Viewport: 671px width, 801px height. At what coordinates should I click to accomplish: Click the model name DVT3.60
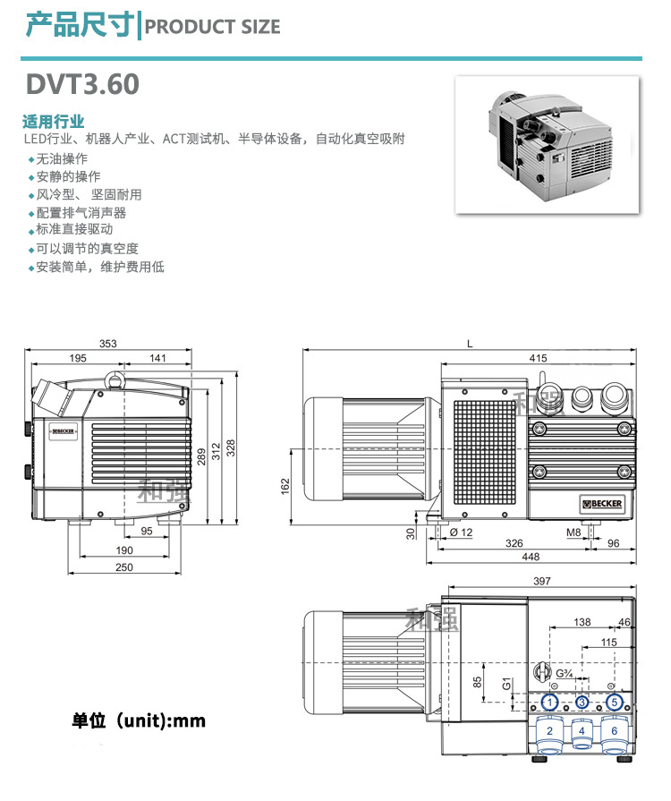[x=81, y=84]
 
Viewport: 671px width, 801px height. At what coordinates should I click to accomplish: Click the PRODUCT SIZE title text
[x=212, y=27]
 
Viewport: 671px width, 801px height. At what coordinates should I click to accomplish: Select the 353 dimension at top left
[x=108, y=345]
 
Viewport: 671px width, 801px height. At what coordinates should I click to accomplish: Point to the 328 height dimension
[x=232, y=447]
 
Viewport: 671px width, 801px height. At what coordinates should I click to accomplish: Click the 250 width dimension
[x=123, y=567]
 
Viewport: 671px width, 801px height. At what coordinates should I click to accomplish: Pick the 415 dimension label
[x=538, y=358]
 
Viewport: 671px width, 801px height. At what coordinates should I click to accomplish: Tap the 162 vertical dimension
[x=285, y=486]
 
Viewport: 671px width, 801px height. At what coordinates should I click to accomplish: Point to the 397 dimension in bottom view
[x=541, y=582]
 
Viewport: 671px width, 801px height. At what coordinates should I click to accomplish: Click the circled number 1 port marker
[x=550, y=702]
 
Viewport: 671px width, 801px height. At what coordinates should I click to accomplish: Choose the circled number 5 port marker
[x=614, y=702]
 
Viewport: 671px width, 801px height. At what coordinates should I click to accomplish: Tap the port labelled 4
[x=582, y=731]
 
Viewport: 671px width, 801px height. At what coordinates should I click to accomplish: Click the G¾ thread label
[x=565, y=674]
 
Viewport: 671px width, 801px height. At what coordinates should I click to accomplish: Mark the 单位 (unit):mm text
[x=139, y=720]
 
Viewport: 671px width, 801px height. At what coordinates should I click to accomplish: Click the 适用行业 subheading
[x=53, y=121]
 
